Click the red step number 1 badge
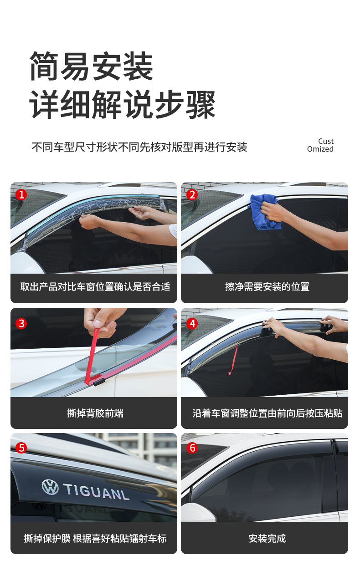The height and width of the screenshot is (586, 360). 21,194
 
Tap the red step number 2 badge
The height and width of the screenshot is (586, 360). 192,194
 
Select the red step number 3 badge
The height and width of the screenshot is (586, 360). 21,323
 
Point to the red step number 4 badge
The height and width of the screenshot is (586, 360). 192,323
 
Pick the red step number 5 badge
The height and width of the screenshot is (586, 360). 21,448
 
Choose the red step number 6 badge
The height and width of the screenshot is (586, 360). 192,448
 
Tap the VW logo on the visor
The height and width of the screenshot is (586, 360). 50,487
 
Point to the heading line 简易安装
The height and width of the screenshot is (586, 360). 92,66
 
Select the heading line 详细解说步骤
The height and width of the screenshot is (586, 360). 122,104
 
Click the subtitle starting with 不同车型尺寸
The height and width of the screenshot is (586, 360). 139,147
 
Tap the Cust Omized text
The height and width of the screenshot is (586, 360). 320,145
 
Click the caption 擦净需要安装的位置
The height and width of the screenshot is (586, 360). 267,287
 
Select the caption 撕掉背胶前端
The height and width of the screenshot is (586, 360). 95,413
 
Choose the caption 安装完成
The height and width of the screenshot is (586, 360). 267,538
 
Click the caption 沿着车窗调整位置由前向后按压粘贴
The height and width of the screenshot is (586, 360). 267,413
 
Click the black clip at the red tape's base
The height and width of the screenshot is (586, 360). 99,382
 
